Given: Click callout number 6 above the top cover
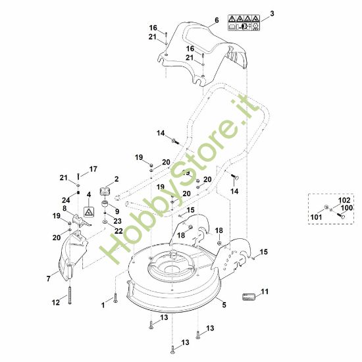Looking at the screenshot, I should pyautogui.click(x=215, y=21).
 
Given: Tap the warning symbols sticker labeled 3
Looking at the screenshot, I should pyautogui.click(x=244, y=23).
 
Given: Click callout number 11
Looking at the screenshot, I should pyautogui.click(x=265, y=291).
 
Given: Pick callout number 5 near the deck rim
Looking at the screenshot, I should pyautogui.click(x=224, y=305).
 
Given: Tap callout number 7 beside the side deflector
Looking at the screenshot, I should pyautogui.click(x=48, y=279).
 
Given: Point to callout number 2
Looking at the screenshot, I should pyautogui.click(x=116, y=179).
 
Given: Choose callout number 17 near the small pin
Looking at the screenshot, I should pyautogui.click(x=93, y=168).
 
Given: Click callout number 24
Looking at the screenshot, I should pyautogui.click(x=66, y=200).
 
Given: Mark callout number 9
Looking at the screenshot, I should pyautogui.click(x=117, y=211).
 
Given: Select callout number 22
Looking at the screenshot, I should pyautogui.click(x=118, y=230).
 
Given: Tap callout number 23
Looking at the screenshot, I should pyautogui.click(x=117, y=221).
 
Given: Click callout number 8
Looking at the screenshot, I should pyautogui.click(x=65, y=209).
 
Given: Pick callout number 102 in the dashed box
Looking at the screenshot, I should pyautogui.click(x=344, y=200).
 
